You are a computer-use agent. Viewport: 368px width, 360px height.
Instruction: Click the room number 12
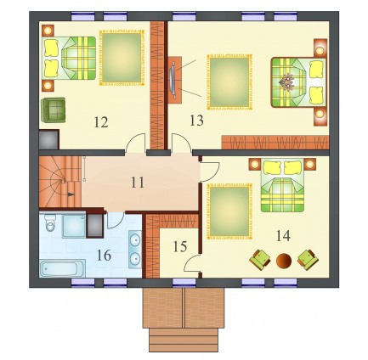click(x=101, y=122)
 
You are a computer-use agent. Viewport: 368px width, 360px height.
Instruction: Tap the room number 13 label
click(x=196, y=121)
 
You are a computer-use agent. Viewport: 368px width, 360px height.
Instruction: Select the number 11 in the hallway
click(x=138, y=183)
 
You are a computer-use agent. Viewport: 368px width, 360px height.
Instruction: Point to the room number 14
click(x=283, y=235)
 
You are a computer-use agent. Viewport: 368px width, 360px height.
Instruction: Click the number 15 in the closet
click(x=180, y=246)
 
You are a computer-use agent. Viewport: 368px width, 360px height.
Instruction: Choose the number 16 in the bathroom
click(x=104, y=256)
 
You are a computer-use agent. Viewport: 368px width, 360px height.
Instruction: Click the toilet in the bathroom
click(x=50, y=222)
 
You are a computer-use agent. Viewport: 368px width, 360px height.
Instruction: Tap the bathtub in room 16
click(x=62, y=268)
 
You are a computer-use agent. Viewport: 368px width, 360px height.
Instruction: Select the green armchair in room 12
click(x=54, y=110)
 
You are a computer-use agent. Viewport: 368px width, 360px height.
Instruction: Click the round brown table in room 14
click(x=284, y=261)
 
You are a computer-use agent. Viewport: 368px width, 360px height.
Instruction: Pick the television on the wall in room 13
click(x=172, y=80)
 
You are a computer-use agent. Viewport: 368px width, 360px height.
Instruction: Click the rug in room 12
click(x=122, y=58)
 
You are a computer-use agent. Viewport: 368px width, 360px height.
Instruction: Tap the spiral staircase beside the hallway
click(x=60, y=182)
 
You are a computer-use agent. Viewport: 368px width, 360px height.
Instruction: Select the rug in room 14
click(x=229, y=211)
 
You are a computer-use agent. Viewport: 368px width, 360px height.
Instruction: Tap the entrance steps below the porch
click(x=184, y=340)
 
